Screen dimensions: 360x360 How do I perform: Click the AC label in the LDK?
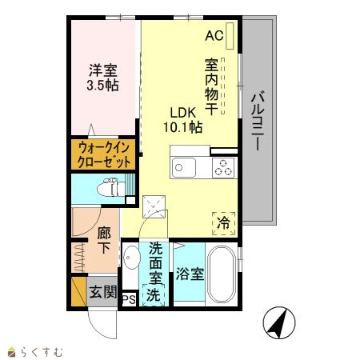pyautogui.click(x=214, y=35)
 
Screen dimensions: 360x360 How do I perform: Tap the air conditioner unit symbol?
pyautogui.click(x=230, y=36)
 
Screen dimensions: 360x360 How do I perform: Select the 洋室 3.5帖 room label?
pyautogui.click(x=102, y=78)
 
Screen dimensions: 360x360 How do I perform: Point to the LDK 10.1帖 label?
pyautogui.click(x=183, y=120)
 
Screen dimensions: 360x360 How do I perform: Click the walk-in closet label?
pyautogui.click(x=103, y=154)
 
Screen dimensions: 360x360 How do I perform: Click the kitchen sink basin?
pyautogui.click(x=184, y=167)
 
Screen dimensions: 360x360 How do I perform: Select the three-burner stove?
pyautogui.click(x=223, y=167)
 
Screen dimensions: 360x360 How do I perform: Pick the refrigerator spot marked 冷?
pyautogui.click(x=224, y=223)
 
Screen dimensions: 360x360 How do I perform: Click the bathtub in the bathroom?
pyautogui.click(x=222, y=274)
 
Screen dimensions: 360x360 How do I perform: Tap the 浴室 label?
pyautogui.click(x=190, y=274)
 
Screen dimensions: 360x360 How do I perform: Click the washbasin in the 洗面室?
pyautogui.click(x=131, y=258)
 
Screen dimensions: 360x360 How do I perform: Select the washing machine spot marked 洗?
pyautogui.click(x=154, y=294)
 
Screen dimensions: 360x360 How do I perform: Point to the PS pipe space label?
pyautogui.click(x=129, y=300)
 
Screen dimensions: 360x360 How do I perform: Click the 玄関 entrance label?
pyautogui.click(x=103, y=292)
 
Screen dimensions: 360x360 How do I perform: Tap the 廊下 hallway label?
pyautogui.click(x=104, y=240)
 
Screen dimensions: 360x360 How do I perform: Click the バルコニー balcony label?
pyautogui.click(x=258, y=122)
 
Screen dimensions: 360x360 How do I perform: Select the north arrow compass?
pyautogui.click(x=279, y=322)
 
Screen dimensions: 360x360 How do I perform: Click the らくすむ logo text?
pyautogui.click(x=42, y=351)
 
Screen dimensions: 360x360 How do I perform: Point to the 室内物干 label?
pyautogui.click(x=211, y=86)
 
